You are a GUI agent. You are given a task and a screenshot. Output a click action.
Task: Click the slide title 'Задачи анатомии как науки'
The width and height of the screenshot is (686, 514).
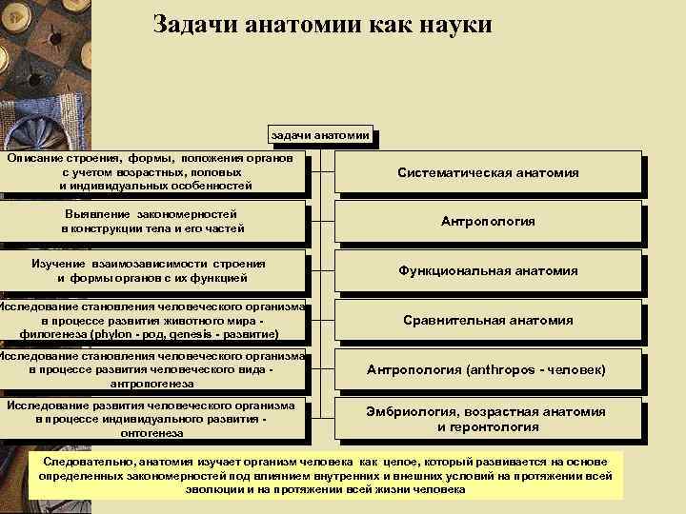[x=322, y=24]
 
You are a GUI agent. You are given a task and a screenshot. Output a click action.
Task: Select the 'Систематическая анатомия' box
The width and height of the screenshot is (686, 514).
[x=487, y=173]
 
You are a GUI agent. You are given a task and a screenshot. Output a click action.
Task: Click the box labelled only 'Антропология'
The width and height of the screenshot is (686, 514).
[x=487, y=221]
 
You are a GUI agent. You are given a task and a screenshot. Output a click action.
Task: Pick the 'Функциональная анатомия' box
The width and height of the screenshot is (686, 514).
[x=487, y=270]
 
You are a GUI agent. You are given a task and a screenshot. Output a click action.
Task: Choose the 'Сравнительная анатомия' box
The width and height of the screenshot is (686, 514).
[x=487, y=320]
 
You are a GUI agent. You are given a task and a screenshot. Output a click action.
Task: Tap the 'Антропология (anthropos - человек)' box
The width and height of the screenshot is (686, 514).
[x=487, y=369]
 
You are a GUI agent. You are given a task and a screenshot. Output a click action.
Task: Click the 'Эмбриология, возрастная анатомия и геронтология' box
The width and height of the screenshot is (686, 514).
[x=487, y=419]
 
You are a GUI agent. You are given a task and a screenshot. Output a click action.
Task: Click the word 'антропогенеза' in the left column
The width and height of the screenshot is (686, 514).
[x=152, y=384]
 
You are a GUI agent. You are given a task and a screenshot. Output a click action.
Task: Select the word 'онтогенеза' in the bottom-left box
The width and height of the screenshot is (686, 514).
[x=152, y=433]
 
